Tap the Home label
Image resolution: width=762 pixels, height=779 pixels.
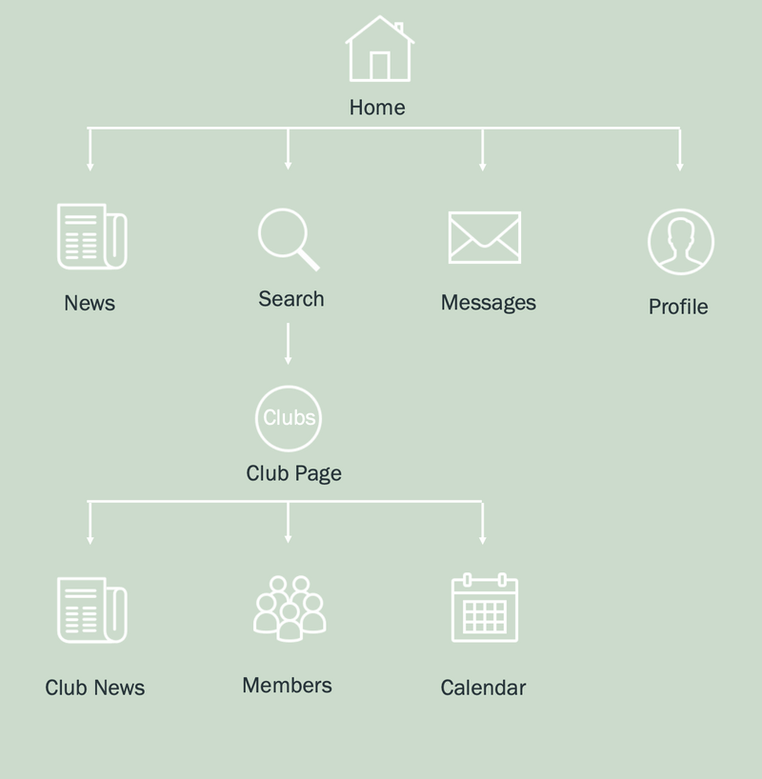tap(377, 108)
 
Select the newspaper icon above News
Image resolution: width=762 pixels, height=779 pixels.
tap(91, 236)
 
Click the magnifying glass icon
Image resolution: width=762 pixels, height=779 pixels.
tap(287, 239)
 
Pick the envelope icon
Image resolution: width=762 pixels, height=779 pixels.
tap(485, 237)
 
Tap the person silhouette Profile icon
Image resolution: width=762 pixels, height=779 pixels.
tap(680, 242)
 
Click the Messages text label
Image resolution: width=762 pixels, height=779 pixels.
tap(489, 303)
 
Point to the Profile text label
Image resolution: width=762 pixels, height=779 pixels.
tap(678, 307)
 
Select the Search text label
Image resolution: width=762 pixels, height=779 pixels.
tap(291, 299)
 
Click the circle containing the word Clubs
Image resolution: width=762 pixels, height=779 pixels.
tap(289, 417)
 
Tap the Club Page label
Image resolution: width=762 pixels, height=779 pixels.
tap(293, 473)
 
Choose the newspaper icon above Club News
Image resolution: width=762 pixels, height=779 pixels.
tap(91, 609)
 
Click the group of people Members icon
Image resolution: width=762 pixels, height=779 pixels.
tap(289, 608)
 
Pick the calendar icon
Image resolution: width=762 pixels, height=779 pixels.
tap(484, 608)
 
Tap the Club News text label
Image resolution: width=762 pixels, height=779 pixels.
tap(94, 688)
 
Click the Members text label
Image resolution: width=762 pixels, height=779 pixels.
tap(287, 686)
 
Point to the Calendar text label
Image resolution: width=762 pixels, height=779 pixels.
tap(483, 688)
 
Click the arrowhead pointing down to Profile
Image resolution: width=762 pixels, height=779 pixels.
tap(679, 166)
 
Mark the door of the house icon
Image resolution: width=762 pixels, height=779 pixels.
tap(379, 66)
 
